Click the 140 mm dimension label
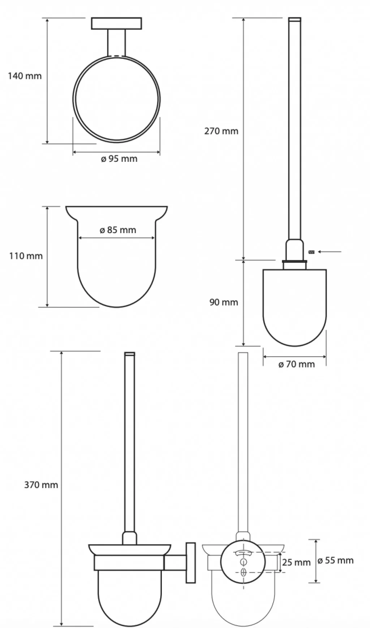(25, 76)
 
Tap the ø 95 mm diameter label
(119, 159)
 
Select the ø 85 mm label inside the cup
(118, 230)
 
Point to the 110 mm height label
(26, 256)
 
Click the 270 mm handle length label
(221, 131)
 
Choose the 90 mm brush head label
(224, 302)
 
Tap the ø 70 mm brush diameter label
(297, 364)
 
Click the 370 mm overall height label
(41, 485)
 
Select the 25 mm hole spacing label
(296, 562)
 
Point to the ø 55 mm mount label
(336, 560)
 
